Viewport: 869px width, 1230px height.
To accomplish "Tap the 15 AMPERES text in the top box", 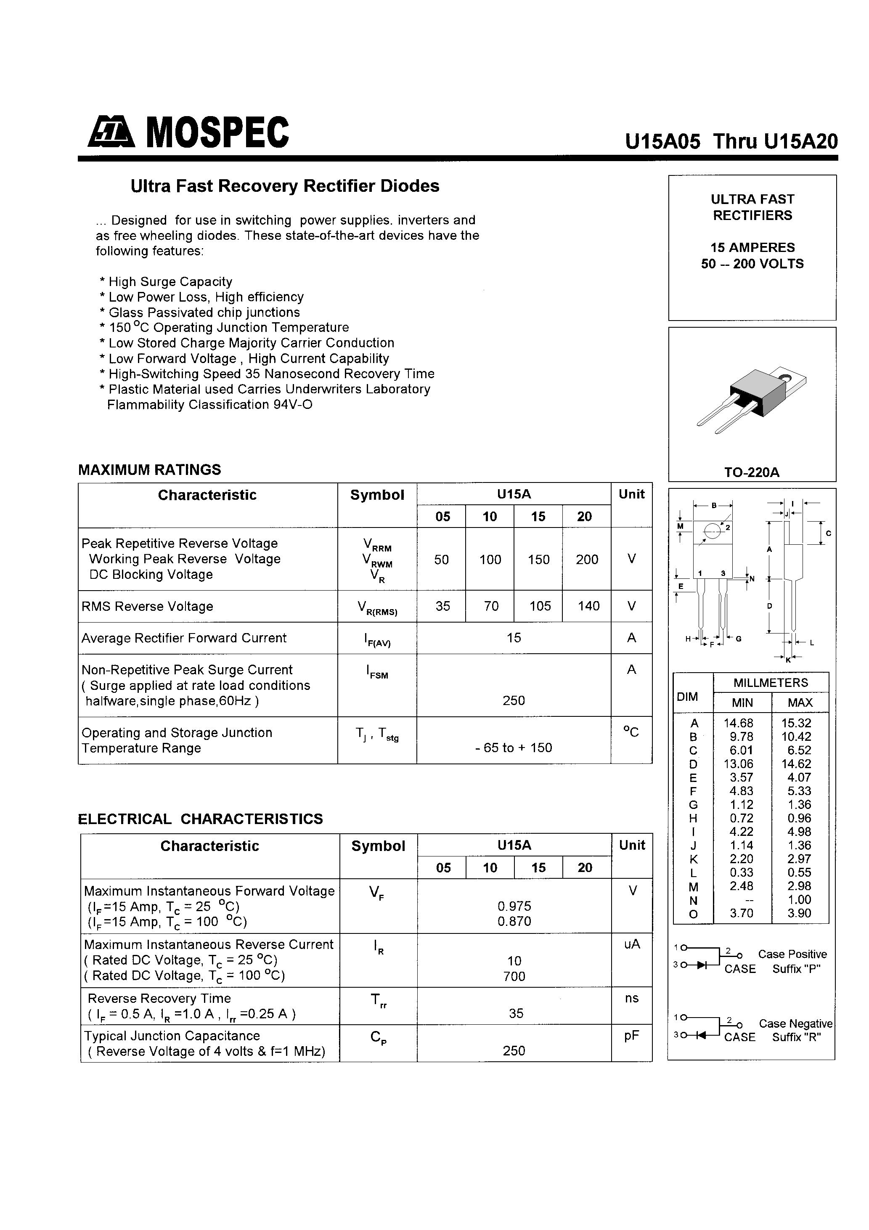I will [x=752, y=247].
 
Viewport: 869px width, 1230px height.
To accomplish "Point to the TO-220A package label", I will [x=752, y=472].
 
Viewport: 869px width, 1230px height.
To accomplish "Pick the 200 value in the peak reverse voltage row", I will [x=587, y=559].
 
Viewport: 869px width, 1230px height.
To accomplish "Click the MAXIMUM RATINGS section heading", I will [x=149, y=470].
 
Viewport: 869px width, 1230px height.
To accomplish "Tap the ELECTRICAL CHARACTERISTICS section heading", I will [x=200, y=819].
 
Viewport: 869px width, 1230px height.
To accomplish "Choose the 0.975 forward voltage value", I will [x=514, y=906].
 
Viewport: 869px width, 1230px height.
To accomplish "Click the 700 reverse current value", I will [x=514, y=976].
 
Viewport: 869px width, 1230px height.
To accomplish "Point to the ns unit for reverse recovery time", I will [x=632, y=998].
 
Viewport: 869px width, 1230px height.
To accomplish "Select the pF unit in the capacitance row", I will [x=632, y=1036].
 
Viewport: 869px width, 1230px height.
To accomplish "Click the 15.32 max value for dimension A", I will [x=799, y=723].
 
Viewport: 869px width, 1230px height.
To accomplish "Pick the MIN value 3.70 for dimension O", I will [x=742, y=913].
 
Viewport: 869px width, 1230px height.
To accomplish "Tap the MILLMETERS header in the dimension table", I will [x=771, y=682].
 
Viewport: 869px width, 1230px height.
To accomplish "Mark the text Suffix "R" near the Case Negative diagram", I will [x=796, y=1037].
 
